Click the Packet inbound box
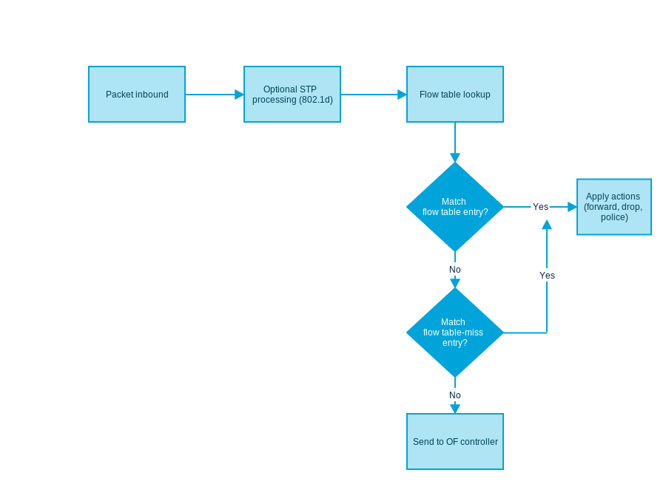coord(137,94)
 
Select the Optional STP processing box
coord(292,94)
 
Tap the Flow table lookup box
coord(455,94)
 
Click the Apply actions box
coord(614,207)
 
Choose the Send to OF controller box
coord(455,441)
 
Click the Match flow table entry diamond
coord(455,207)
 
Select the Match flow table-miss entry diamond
coord(455,332)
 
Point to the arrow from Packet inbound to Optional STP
coord(215,94)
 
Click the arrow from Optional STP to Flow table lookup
coord(374,94)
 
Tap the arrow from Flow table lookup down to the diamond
coord(455,142)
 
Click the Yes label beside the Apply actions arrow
coord(540,207)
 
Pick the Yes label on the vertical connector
coord(547,276)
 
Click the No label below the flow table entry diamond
coord(455,270)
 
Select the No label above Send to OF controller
coord(455,395)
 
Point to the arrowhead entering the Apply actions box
coord(572,207)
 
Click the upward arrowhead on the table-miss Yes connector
coord(547,225)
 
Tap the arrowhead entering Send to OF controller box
coord(455,409)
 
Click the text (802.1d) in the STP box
coord(315,100)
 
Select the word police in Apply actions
coord(614,217)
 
